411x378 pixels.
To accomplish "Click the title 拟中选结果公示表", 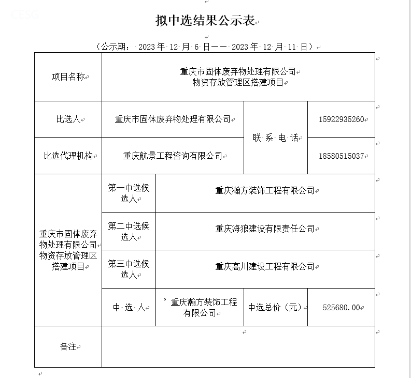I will (x=205, y=21).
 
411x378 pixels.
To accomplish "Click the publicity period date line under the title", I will (x=205, y=47).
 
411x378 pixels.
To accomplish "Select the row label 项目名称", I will (x=68, y=77).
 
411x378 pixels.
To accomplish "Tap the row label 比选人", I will (x=68, y=119).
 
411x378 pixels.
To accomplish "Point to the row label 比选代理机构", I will (x=68, y=155).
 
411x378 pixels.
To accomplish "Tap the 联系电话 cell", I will (x=276, y=138).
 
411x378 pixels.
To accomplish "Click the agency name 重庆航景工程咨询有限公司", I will (x=173, y=155).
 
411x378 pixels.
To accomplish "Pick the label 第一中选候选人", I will (x=129, y=193).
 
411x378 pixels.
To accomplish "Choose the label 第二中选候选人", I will (x=129, y=231).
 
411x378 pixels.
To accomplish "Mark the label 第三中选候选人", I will (x=129, y=269).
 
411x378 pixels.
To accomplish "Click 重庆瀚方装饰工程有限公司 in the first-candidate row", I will (x=265, y=190).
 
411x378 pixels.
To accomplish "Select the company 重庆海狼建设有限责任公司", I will (x=265, y=228).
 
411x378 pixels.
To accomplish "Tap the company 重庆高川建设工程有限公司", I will (x=265, y=266).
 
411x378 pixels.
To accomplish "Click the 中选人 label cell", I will (x=129, y=307).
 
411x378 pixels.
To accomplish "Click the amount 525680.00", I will (x=341, y=307).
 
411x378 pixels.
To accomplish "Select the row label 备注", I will (x=68, y=346).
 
